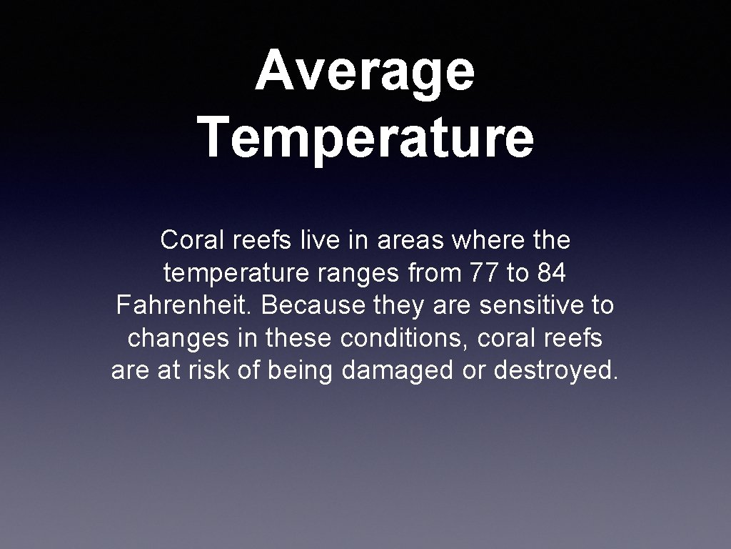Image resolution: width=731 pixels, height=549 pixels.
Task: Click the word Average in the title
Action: pyautogui.click(x=365, y=71)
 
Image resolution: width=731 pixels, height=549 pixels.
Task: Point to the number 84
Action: pyautogui.click(x=551, y=272)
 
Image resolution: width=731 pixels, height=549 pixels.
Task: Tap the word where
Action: pyautogui.click(x=488, y=239)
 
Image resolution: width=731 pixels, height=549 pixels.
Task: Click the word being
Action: pyautogui.click(x=301, y=372)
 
